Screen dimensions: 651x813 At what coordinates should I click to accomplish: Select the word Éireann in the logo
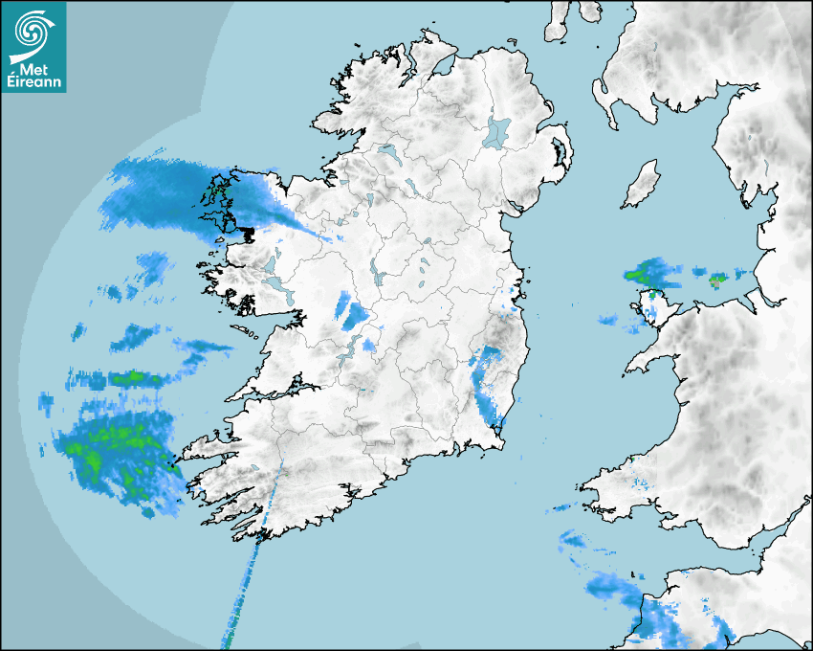click(x=34, y=82)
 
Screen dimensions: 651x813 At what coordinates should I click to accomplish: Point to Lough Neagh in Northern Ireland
click(x=497, y=132)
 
